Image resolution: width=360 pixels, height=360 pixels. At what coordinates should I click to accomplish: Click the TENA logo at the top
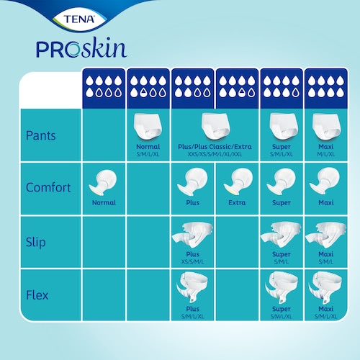point(79,19)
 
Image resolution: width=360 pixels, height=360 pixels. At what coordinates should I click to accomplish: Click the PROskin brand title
point(81,48)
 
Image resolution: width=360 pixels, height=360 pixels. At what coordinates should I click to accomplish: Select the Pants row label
point(41,135)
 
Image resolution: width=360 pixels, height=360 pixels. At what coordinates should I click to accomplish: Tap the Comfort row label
point(48,187)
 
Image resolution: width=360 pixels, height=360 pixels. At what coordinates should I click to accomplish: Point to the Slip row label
point(36,242)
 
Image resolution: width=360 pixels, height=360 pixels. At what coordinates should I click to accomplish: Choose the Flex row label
point(37,295)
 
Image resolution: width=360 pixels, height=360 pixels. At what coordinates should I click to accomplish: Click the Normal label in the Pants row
point(148,147)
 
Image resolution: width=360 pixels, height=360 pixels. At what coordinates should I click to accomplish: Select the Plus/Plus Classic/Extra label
point(215,147)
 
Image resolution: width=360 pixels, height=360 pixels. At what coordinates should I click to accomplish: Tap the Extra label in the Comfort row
point(237,202)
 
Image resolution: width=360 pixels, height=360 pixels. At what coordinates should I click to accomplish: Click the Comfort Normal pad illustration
point(103,182)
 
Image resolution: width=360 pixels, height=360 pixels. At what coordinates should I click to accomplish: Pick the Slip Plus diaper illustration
point(192,235)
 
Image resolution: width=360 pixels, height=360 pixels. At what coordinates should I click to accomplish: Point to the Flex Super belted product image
point(282,287)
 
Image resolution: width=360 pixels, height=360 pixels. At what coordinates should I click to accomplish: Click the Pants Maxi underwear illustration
point(326,127)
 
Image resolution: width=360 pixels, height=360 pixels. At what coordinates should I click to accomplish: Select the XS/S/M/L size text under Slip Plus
point(192,261)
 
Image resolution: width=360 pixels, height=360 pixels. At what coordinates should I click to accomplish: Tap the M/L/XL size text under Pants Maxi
point(326,154)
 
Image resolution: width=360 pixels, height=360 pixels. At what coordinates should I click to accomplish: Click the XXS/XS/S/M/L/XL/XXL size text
point(215,154)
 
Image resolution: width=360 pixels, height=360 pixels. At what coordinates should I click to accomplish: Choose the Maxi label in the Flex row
point(326,309)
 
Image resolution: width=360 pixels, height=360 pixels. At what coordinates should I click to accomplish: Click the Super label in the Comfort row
point(282,203)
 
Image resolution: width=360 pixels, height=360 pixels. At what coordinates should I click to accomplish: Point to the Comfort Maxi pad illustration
point(325,181)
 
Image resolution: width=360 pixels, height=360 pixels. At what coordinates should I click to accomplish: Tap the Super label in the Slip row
point(282,254)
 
